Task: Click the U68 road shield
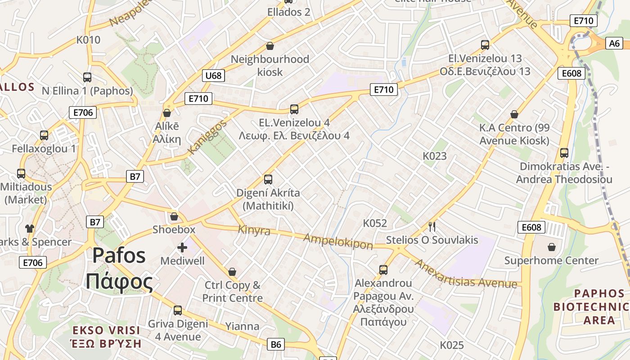coord(213,75)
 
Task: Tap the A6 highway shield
coord(615,43)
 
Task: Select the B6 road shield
coord(276,345)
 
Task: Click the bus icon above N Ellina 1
coord(87,77)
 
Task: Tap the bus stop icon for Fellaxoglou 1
coord(44,135)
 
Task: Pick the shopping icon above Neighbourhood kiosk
coord(270,46)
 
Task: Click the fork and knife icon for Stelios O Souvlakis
coord(432,226)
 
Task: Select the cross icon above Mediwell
coord(182,247)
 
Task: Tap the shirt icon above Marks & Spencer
coord(30,229)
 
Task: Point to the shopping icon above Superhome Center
coord(552,247)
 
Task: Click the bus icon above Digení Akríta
coord(268,180)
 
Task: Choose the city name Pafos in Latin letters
coord(119,256)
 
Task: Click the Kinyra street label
coord(254,230)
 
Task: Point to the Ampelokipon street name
coord(338,241)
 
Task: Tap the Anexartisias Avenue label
coord(465,274)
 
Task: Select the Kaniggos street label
coord(207,137)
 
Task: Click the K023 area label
coord(435,156)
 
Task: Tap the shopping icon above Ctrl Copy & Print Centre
coord(232,272)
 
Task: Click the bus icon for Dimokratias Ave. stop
coord(564,153)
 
